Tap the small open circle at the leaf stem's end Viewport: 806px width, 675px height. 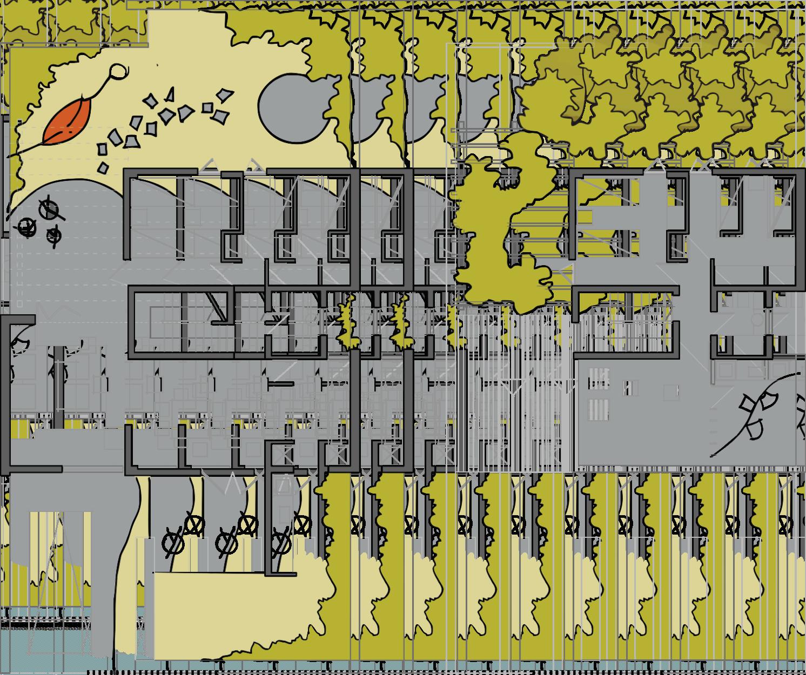point(118,71)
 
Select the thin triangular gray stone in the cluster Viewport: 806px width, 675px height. point(171,94)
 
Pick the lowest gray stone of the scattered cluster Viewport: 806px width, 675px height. point(103,168)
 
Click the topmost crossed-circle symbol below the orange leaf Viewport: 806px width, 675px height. point(49,208)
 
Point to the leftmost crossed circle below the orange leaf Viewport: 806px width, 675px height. point(26,228)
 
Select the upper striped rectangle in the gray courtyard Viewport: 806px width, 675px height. point(597,378)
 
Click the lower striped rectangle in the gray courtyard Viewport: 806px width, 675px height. point(597,409)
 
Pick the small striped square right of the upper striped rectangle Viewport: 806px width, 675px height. point(628,388)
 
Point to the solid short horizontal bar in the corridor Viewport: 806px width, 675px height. point(280,384)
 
